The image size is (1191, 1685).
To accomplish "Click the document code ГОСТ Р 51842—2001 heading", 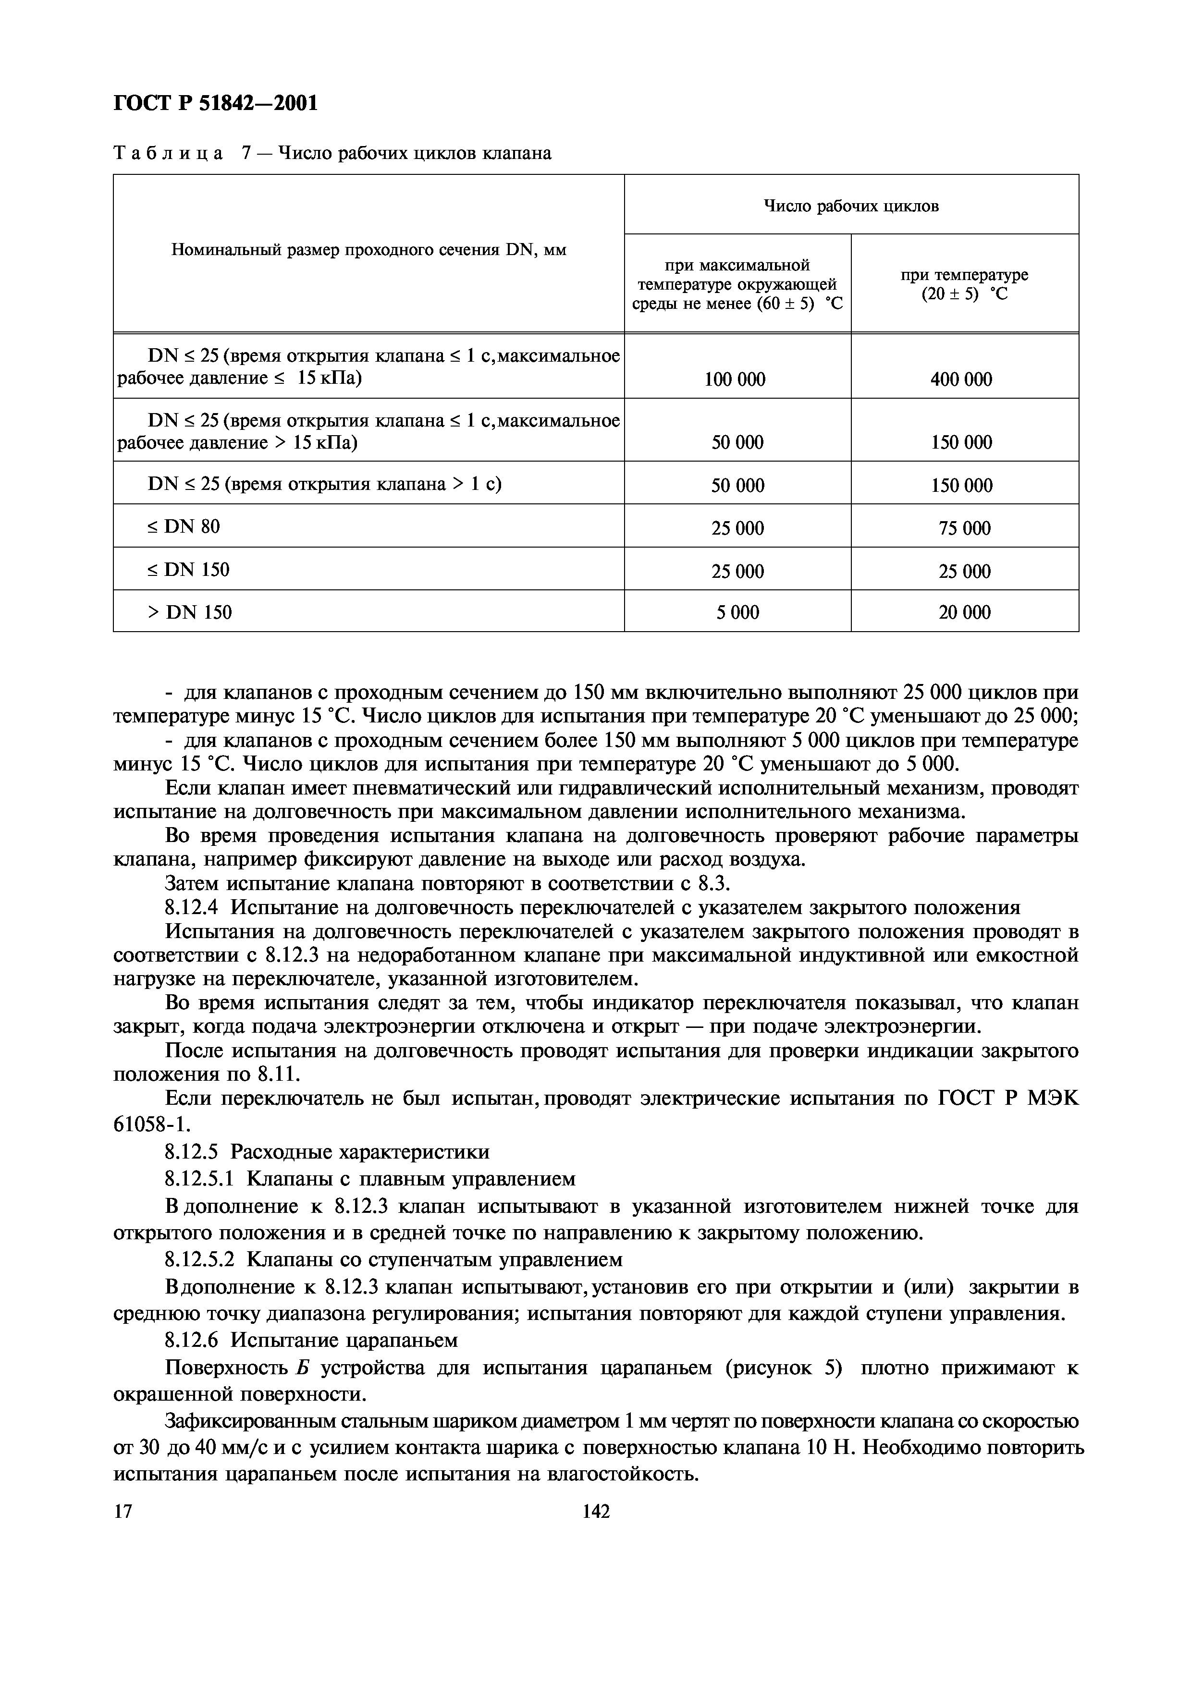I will pos(215,103).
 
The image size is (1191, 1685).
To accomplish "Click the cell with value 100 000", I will pos(735,379).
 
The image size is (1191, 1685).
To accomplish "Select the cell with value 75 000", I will pos(964,528).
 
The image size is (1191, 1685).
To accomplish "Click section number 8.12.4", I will pos(192,908).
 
